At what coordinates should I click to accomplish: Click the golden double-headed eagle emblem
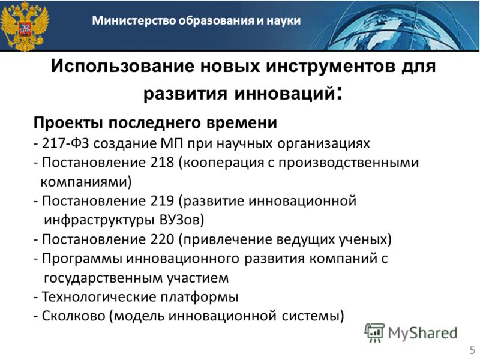click(25, 26)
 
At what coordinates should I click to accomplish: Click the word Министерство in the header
click(134, 20)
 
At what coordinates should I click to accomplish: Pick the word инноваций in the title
click(284, 94)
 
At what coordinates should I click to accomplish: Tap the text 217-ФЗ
click(65, 143)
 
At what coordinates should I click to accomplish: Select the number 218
click(162, 162)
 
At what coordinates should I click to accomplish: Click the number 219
click(162, 201)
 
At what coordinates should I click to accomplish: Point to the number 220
click(162, 239)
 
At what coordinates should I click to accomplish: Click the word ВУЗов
click(179, 220)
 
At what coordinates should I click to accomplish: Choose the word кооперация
click(223, 163)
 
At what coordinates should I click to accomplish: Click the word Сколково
click(73, 316)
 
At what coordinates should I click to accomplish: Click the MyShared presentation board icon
click(374, 332)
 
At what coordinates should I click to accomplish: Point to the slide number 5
click(473, 350)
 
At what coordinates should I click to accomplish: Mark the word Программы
click(82, 259)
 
